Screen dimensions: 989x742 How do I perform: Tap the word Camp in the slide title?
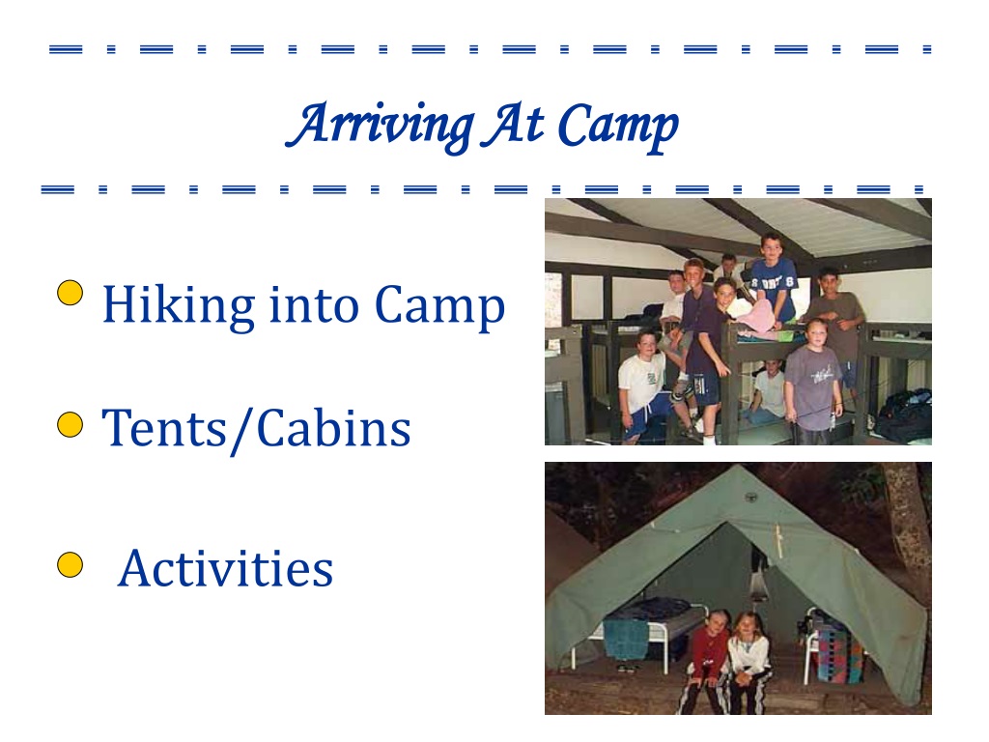pyautogui.click(x=618, y=127)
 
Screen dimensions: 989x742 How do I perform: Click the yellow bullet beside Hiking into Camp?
pyautogui.click(x=70, y=293)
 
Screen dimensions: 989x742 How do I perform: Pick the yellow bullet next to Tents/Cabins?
pyautogui.click(x=70, y=425)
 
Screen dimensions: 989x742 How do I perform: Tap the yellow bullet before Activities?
pyautogui.click(x=70, y=564)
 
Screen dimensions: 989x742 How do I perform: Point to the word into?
pyautogui.click(x=314, y=304)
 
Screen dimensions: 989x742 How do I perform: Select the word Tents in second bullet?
pyautogui.click(x=164, y=428)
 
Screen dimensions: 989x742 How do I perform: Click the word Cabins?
pyautogui.click(x=333, y=428)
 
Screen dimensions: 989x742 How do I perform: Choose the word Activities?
pyautogui.click(x=226, y=568)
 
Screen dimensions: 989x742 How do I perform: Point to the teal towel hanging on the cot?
pyautogui.click(x=626, y=639)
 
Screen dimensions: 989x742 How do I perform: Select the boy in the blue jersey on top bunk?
pyautogui.click(x=774, y=277)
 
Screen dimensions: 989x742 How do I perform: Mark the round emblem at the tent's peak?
pyautogui.click(x=750, y=498)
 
